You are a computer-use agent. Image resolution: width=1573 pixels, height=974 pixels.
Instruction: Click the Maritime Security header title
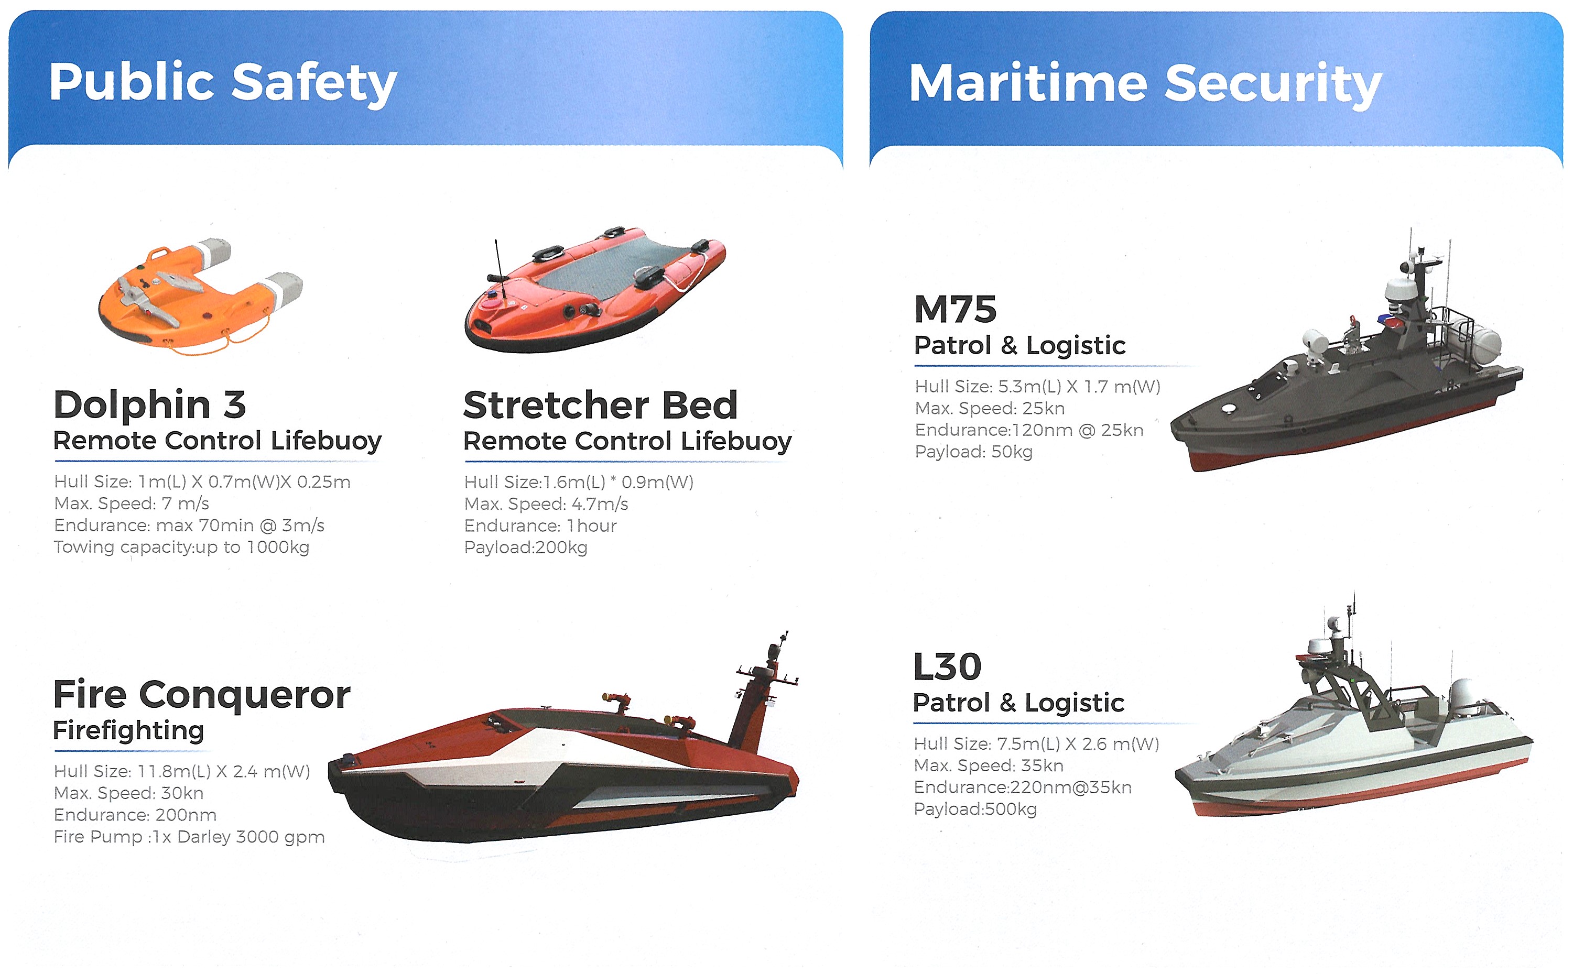pos(1145,84)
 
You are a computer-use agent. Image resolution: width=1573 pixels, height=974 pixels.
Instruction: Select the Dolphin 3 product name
pos(149,404)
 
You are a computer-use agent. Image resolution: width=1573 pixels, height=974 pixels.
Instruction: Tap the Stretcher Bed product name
pos(600,405)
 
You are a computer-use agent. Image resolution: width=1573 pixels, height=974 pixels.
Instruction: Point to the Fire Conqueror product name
pos(202,695)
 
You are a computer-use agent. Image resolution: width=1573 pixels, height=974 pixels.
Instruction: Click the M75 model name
pos(955,309)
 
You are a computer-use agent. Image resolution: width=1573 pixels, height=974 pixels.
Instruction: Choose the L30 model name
pos(947,667)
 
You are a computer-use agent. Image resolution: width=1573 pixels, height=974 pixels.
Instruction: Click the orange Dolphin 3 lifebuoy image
pos(200,296)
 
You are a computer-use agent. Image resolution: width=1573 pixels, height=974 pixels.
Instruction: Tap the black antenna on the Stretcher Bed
pos(498,260)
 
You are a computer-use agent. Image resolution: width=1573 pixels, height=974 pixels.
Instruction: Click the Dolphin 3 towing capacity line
pos(182,548)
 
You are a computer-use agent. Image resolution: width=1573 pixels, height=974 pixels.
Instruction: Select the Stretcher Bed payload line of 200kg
pos(526,548)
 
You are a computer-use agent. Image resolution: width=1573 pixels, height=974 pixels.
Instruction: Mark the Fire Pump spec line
pos(189,837)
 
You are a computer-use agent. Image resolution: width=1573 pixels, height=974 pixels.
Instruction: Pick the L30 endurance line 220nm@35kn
pos(1023,787)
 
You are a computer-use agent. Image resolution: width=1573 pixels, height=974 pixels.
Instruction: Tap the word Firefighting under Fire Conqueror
pos(128,731)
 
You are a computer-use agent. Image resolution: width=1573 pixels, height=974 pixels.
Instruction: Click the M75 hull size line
pos(1037,387)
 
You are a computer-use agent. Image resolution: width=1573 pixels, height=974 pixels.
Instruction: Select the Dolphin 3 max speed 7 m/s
pos(132,504)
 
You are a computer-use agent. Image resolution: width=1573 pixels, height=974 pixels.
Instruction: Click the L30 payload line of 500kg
pos(975,809)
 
